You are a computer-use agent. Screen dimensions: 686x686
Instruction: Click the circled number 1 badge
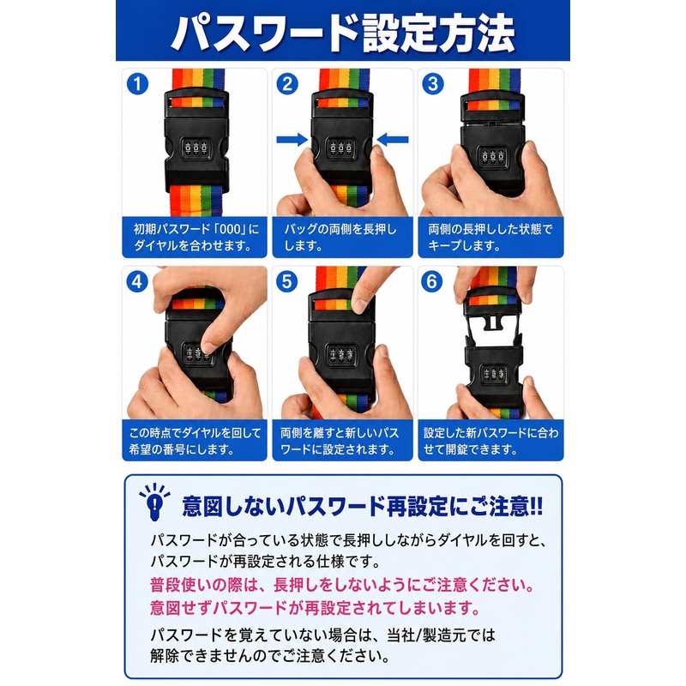click(137, 84)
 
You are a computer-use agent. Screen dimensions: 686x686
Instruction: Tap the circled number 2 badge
click(287, 84)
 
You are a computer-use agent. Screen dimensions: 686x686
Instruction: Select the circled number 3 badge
click(433, 84)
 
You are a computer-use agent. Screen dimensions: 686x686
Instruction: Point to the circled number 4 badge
click(137, 282)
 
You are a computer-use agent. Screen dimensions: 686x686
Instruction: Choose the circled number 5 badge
click(287, 282)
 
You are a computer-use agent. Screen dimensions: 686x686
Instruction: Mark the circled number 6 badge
click(432, 282)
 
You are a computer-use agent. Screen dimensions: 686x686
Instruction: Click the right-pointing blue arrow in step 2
click(292, 140)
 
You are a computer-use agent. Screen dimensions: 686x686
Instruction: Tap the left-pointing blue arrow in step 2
click(393, 140)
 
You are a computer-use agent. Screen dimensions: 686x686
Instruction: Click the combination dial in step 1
click(196, 148)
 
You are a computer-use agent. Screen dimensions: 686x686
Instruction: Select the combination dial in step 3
click(492, 157)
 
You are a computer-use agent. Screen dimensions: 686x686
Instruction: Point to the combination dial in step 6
click(494, 373)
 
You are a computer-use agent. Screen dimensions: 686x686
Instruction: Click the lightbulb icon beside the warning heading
click(154, 502)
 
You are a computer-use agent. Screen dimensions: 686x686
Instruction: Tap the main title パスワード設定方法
click(342, 33)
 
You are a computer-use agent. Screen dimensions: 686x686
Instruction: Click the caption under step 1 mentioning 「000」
click(195, 237)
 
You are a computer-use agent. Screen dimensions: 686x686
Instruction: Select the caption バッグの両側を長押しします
click(340, 237)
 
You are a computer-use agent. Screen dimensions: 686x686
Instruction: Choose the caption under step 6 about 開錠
click(490, 441)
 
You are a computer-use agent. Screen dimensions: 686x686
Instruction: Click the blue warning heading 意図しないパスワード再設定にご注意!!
click(363, 506)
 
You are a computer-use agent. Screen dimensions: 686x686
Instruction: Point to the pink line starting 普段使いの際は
click(341, 585)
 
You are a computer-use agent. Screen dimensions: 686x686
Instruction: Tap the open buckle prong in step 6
click(493, 322)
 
